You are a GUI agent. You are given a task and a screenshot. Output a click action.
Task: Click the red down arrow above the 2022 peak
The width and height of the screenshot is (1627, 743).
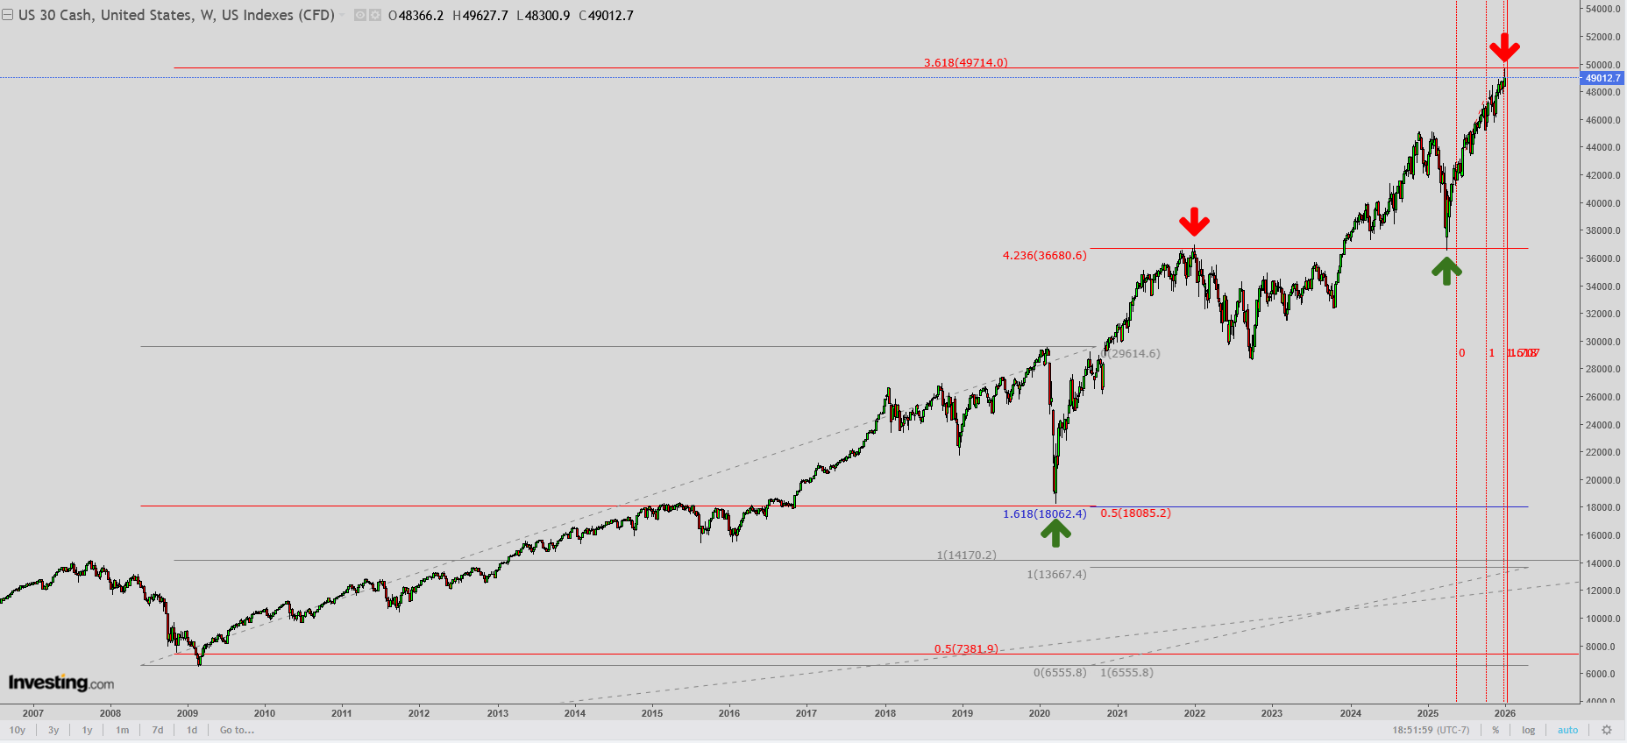coord(1194,222)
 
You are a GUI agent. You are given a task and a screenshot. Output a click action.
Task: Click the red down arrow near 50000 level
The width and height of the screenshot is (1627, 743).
coord(1504,47)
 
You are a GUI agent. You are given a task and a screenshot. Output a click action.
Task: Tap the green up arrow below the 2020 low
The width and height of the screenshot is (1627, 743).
coord(1055,533)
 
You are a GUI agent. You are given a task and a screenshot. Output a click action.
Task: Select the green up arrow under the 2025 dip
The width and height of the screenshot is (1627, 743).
coord(1446,270)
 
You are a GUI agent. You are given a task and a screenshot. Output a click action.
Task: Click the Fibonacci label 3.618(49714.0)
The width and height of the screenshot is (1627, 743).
coord(965,63)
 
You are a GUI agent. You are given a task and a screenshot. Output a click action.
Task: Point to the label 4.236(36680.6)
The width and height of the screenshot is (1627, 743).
coord(1044,256)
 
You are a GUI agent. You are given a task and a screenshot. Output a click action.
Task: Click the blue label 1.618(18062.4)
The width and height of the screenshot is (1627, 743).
coord(1044,514)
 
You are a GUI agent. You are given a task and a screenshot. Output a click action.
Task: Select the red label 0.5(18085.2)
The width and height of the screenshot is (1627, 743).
coord(1135,513)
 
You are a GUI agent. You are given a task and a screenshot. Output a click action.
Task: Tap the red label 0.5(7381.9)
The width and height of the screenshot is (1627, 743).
coord(965,649)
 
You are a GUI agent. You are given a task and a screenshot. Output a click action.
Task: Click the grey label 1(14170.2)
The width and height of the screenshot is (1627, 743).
coord(966,555)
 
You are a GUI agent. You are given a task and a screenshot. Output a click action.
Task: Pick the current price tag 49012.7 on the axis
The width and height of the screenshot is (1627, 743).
coord(1602,78)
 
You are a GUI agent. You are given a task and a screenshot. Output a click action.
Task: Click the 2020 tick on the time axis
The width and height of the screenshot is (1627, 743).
coord(1040,713)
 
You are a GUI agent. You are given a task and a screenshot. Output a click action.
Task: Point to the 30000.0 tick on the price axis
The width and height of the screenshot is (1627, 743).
coord(1602,342)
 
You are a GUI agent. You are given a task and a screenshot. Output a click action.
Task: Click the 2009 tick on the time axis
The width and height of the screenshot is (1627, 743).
coord(188,713)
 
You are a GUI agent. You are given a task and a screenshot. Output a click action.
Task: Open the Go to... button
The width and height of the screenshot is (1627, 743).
coord(237,730)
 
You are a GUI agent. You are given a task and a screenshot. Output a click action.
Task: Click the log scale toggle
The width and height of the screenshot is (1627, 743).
coord(1529,730)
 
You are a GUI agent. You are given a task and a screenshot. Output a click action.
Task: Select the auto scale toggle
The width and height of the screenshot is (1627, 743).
coord(1567,730)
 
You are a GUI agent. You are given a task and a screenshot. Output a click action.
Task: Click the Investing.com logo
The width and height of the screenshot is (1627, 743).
coord(61,683)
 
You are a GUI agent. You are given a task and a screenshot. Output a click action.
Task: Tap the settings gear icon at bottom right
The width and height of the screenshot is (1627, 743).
coord(1607,730)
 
